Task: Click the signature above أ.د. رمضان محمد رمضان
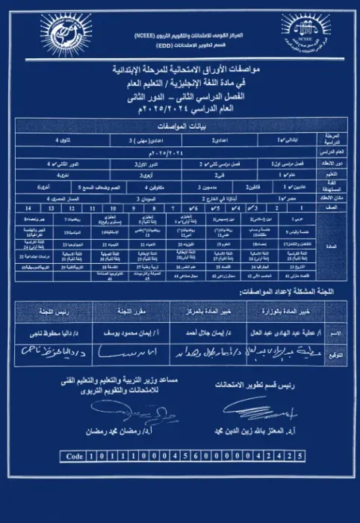pyautogui.click(x=120, y=411)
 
